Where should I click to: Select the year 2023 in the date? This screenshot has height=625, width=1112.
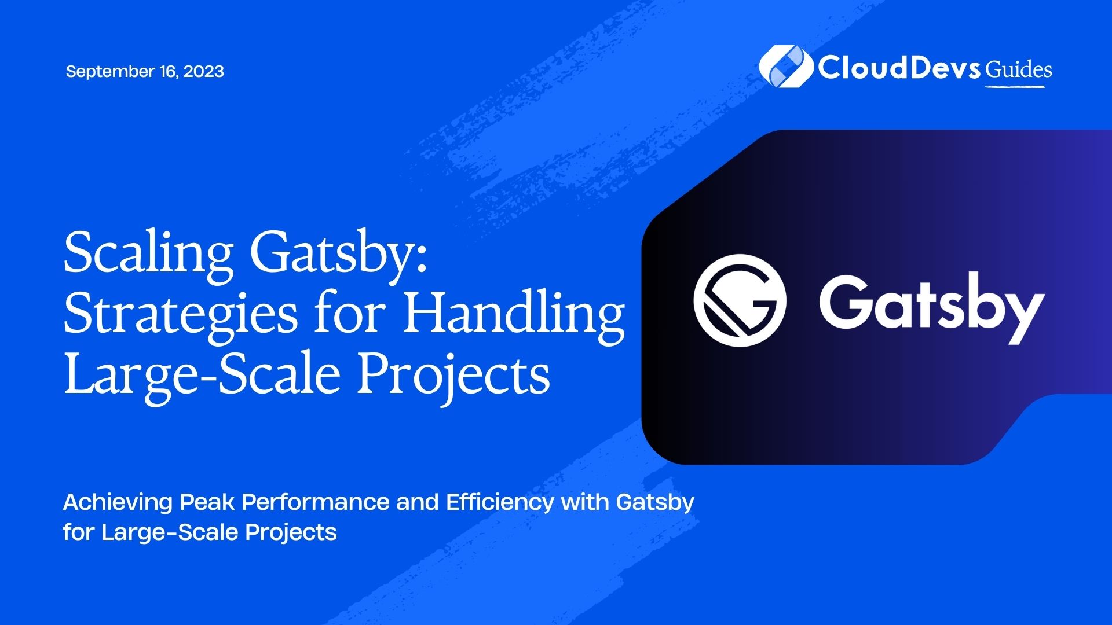(x=204, y=71)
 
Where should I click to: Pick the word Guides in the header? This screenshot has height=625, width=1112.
(x=1019, y=69)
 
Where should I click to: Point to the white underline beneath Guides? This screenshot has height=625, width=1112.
(x=1015, y=87)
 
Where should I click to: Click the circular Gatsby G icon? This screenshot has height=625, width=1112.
(x=740, y=300)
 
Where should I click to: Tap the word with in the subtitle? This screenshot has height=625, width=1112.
(x=584, y=502)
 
